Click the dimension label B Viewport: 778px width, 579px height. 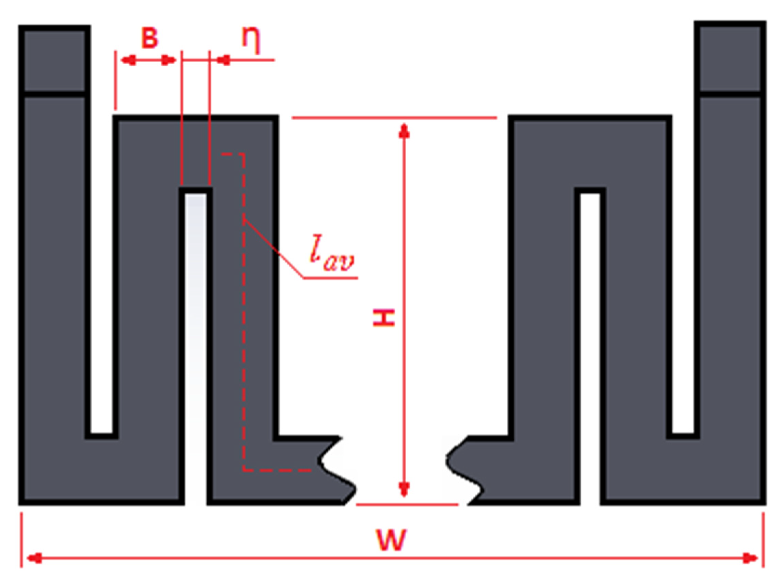[150, 38]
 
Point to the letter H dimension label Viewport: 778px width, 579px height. [384, 318]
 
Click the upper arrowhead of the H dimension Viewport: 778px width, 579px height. [404, 132]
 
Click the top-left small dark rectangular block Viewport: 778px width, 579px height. [54, 60]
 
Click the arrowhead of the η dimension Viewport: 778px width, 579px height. [223, 60]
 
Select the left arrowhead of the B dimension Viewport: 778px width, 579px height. [128, 60]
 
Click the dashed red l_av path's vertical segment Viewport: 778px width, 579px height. [244, 315]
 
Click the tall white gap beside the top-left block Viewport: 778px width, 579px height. [102, 263]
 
